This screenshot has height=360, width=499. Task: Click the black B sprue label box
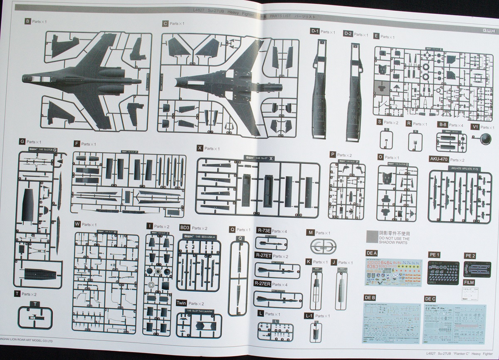(28, 21)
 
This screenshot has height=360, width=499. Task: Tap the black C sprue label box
(166, 24)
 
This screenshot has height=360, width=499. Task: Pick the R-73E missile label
(264, 231)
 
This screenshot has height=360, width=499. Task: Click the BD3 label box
(185, 228)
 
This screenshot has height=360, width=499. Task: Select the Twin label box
(181, 303)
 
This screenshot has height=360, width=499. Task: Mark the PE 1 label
(434, 254)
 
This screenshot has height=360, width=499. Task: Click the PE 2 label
(469, 255)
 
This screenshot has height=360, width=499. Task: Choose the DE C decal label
(430, 298)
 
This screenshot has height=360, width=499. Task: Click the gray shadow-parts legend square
(371, 236)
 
